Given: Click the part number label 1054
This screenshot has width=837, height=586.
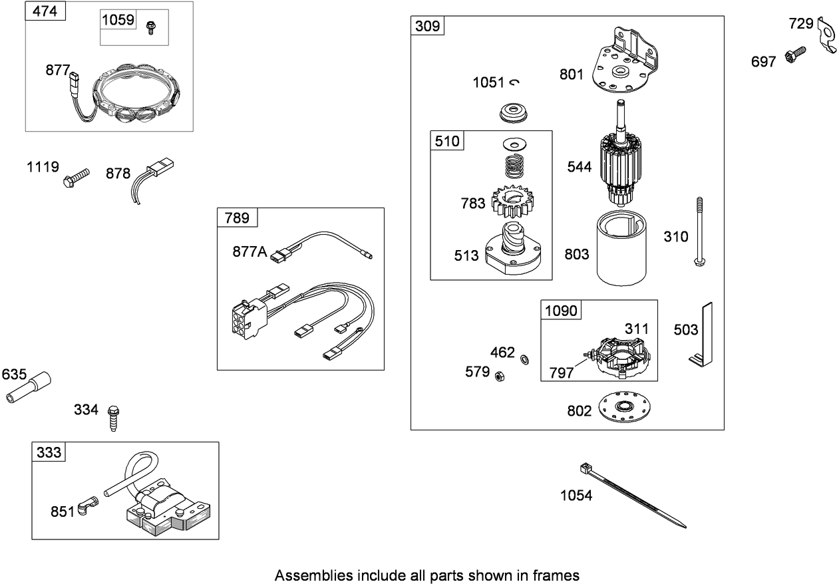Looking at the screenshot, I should click(x=576, y=495).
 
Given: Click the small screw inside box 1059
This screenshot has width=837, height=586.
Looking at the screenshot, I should click(x=150, y=26).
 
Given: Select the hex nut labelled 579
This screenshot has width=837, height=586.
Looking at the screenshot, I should click(x=498, y=374).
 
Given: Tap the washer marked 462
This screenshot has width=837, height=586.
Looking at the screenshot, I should click(x=524, y=360).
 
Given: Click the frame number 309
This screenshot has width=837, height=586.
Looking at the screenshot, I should click(x=427, y=26).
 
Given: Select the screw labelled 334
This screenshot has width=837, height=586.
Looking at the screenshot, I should click(x=114, y=417).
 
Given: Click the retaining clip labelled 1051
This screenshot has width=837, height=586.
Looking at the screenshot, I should click(x=514, y=82).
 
